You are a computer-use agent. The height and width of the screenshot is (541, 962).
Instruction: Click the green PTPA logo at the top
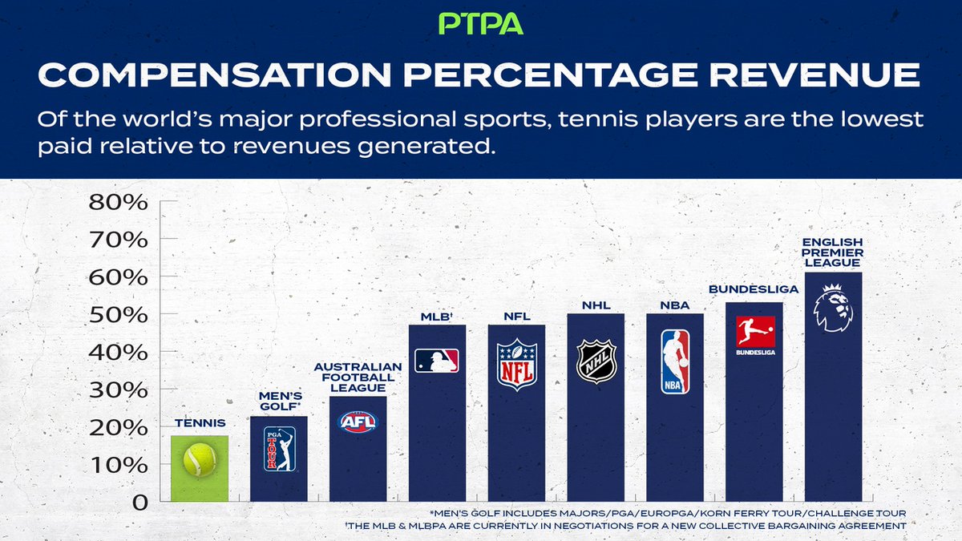[481, 22]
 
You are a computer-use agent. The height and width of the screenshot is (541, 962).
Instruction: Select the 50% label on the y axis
[118, 314]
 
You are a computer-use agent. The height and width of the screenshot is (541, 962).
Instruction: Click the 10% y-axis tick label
[118, 465]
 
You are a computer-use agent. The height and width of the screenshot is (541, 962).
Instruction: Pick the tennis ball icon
[199, 461]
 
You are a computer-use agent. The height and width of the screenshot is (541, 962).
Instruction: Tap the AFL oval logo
[358, 422]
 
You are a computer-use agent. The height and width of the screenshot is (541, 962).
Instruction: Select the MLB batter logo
[437, 360]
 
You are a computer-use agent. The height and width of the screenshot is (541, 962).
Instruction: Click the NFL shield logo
[516, 365]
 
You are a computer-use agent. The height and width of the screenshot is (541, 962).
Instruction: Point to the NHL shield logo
[596, 361]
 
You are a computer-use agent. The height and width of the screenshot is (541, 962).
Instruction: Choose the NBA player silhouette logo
[675, 362]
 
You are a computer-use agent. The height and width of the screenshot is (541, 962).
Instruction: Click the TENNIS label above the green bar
[199, 422]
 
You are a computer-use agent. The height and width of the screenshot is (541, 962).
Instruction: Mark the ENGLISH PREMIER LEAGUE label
[834, 252]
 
